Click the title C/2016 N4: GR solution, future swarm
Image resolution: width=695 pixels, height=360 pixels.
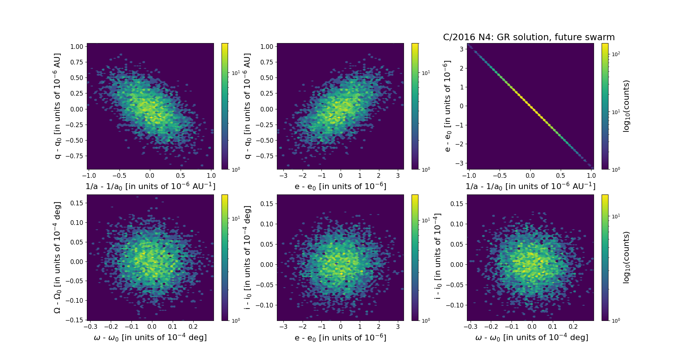coord(528,37)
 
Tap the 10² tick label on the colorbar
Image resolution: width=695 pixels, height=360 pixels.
coord(616,54)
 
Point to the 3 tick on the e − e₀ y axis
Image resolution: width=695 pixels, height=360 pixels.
coord(462,49)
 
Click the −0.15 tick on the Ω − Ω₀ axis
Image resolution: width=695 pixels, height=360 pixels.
coord(74,320)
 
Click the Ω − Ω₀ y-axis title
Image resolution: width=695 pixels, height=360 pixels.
coord(57,258)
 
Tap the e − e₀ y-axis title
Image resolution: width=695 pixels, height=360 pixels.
coord(447,106)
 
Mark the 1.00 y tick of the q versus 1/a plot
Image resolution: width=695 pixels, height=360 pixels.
coord(76,46)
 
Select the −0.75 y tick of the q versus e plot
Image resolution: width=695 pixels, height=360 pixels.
coord(264,156)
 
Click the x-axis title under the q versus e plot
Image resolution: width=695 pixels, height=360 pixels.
coord(340,186)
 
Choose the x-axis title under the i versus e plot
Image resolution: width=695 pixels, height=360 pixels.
coord(340,338)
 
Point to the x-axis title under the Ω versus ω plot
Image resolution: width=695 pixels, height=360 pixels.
coord(150,337)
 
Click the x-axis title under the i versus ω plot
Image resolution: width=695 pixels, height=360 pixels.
coord(531,337)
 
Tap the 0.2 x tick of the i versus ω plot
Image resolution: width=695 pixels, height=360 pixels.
coord(573,326)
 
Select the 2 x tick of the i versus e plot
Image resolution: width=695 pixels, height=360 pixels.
coord(379,326)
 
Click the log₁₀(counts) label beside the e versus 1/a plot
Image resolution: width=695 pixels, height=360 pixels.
coord(626,106)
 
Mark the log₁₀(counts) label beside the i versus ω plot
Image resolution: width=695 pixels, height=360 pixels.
coord(626,258)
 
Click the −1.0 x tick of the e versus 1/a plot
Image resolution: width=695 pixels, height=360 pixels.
coord(469,176)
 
